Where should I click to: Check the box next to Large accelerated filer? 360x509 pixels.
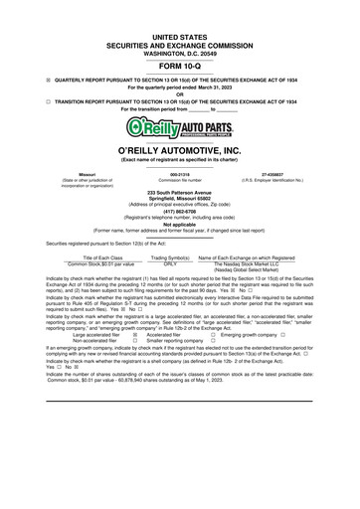click(x=137, y=335)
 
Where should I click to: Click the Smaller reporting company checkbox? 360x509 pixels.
click(x=137, y=341)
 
